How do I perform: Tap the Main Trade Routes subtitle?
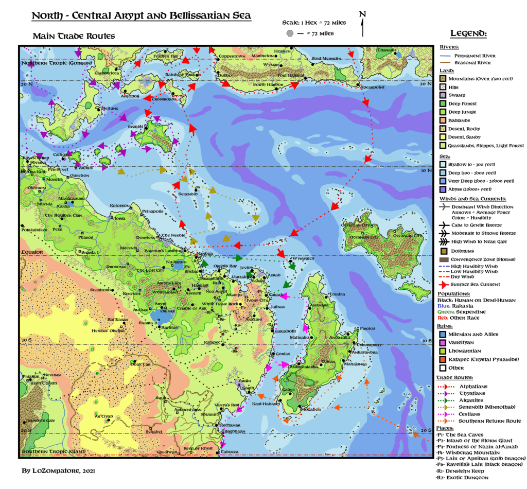[74, 36]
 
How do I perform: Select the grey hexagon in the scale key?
[291, 33]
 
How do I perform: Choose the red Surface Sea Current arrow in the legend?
[443, 284]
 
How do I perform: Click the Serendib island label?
[188, 194]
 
